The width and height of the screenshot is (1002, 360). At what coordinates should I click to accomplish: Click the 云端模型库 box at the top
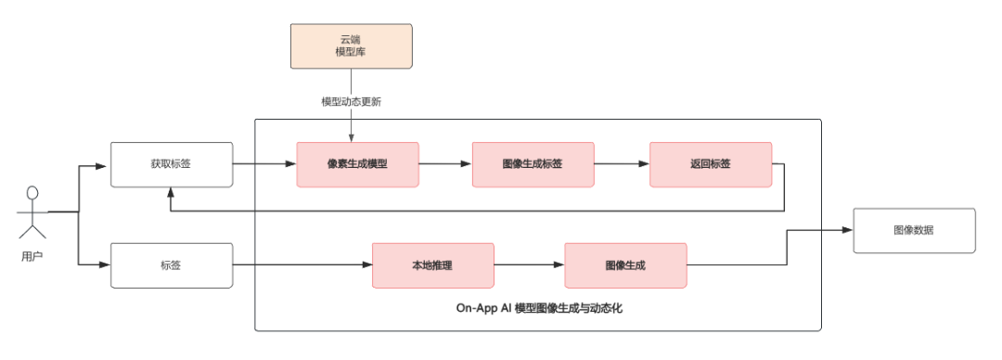351,46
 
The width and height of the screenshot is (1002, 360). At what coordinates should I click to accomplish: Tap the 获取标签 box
171,164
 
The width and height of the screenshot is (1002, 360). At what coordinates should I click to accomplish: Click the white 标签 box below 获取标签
171,265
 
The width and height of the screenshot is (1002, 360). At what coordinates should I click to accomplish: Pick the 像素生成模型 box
357,164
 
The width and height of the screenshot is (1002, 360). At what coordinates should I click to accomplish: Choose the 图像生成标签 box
533,164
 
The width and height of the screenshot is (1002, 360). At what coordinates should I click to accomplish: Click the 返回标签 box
710,164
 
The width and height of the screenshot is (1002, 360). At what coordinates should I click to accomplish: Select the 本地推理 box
432,265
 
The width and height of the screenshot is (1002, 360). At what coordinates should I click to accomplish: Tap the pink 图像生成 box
625,265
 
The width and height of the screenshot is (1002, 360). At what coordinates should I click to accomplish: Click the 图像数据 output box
914,231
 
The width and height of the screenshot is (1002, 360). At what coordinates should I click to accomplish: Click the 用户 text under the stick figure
32,255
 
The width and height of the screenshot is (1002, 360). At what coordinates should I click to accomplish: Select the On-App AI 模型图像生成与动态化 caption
539,308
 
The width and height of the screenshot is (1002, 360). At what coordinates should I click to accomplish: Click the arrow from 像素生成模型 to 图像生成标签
445,164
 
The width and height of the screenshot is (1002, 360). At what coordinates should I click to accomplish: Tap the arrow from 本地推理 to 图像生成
529,265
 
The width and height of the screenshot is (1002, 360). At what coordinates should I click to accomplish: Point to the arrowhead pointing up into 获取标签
171,193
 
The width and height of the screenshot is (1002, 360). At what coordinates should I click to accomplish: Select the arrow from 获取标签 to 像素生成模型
264,164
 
